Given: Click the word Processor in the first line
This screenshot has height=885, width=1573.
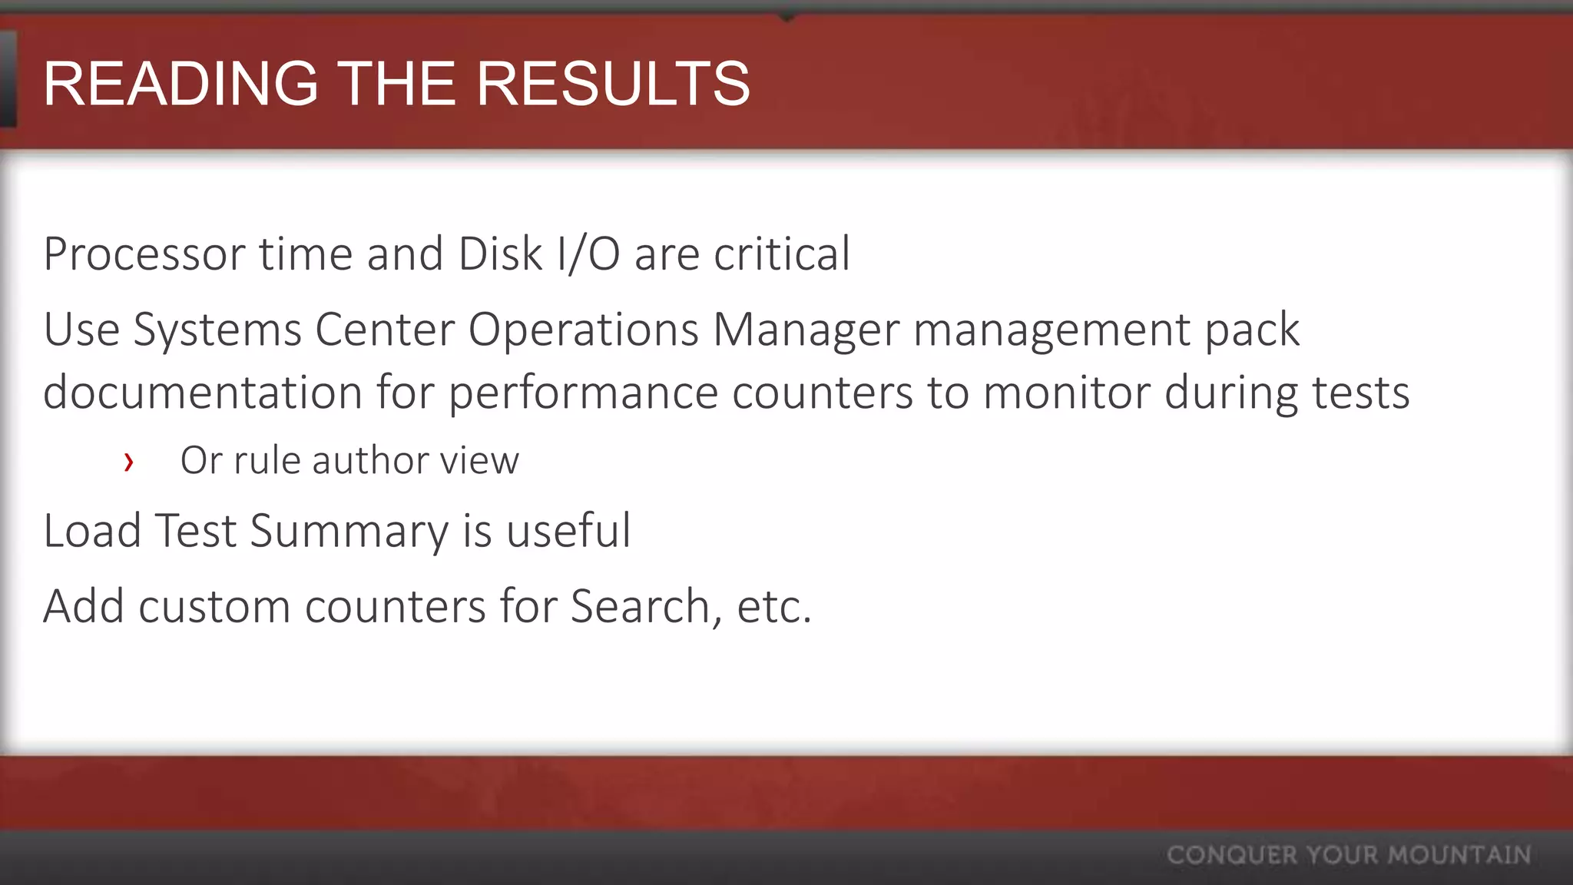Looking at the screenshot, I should click(144, 254).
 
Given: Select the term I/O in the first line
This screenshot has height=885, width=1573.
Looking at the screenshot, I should click(589, 254).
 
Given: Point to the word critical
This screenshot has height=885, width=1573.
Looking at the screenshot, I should click(782, 254).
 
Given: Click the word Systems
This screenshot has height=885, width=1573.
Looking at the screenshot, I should click(217, 330).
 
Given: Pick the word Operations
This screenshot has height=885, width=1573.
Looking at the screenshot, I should click(584, 330).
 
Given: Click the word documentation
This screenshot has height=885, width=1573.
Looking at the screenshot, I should click(203, 393).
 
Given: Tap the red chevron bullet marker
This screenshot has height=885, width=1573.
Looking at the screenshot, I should click(129, 462).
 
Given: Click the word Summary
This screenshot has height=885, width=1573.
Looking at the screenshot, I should click(349, 532).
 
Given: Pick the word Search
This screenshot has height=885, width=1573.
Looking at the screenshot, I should click(641, 607).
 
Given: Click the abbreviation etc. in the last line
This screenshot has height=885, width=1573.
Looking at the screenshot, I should click(773, 607).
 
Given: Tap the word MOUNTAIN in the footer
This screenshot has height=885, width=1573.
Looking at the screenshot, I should click(1459, 855).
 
